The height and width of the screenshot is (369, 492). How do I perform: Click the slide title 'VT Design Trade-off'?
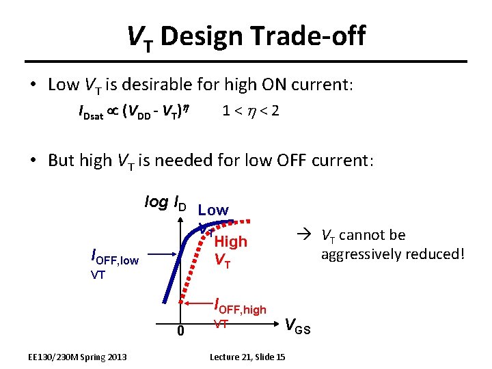pos(246,36)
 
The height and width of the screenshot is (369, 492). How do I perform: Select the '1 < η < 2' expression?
pos(250,110)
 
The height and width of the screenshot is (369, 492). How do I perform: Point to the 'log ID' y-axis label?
pos(164,202)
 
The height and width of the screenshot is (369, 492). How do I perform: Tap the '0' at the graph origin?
pos(180,331)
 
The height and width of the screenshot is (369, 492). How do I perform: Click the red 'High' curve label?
pos(230,241)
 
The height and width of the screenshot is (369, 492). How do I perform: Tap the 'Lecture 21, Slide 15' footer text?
pos(247,357)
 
